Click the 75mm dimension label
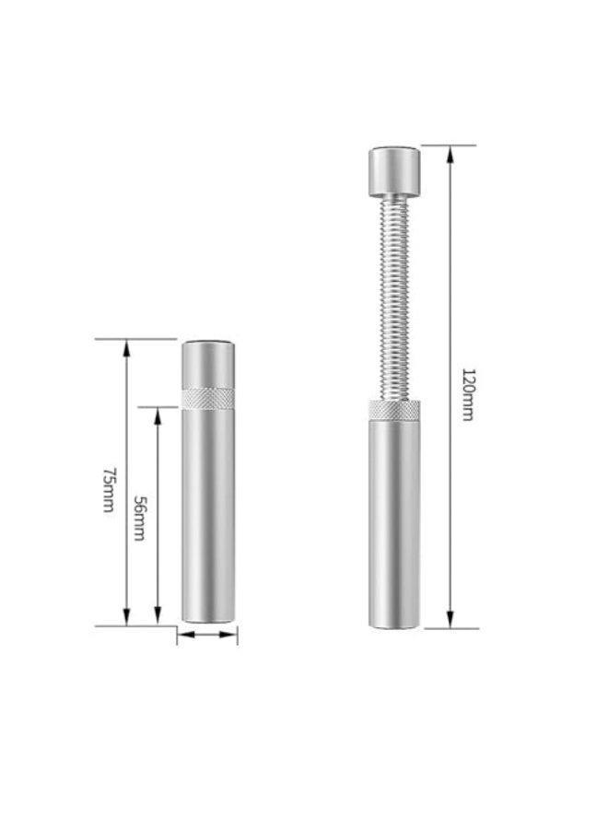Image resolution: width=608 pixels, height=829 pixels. click(109, 489)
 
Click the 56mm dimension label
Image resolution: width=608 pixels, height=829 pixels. click(140, 518)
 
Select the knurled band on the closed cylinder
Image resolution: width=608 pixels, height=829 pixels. click(207, 398)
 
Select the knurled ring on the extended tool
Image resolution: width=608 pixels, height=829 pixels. click(394, 410)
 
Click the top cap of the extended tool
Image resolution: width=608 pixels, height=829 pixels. click(394, 171)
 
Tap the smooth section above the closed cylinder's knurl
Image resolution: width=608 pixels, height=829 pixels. click(207, 365)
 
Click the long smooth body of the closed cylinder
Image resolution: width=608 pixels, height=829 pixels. click(207, 516)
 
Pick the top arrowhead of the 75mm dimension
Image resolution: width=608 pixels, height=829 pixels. click(127, 345)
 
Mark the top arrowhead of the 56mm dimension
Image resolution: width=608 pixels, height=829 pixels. click(158, 414)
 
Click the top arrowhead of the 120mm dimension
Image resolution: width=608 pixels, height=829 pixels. click(450, 153)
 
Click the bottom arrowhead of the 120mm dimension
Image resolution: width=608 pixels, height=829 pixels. click(450, 621)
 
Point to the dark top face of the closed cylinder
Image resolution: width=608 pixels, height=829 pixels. click(207, 342)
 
